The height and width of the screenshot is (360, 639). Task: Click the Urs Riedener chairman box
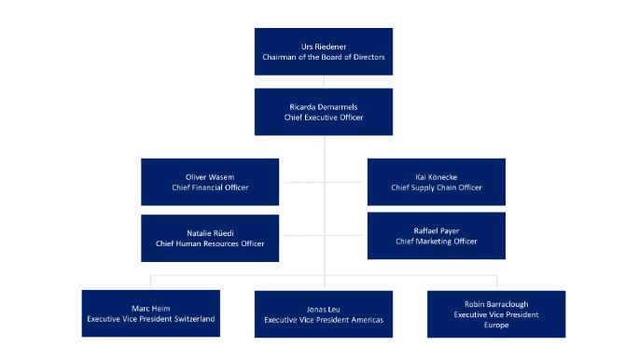(323, 51)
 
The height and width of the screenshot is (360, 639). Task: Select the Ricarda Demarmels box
(323, 112)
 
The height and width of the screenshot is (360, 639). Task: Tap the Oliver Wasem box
(210, 182)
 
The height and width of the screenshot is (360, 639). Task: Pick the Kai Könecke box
(436, 182)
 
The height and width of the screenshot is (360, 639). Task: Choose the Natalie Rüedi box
(210, 238)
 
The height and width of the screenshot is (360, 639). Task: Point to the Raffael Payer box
(436, 235)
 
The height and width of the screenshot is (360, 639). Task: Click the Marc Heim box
(150, 313)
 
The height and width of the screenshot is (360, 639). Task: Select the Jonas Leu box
(323, 314)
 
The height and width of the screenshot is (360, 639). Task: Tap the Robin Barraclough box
(496, 314)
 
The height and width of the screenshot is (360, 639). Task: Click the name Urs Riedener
(323, 45)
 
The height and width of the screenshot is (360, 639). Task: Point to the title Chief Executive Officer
(323, 118)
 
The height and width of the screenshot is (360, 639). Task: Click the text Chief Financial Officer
(210, 187)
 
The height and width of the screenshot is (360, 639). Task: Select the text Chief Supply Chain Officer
(436, 187)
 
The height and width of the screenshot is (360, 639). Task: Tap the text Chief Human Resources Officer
(210, 243)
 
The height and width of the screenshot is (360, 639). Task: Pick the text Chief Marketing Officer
(436, 241)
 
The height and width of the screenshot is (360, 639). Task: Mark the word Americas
(363, 320)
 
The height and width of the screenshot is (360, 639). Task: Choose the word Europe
(496, 325)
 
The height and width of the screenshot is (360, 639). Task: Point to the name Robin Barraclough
(496, 304)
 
